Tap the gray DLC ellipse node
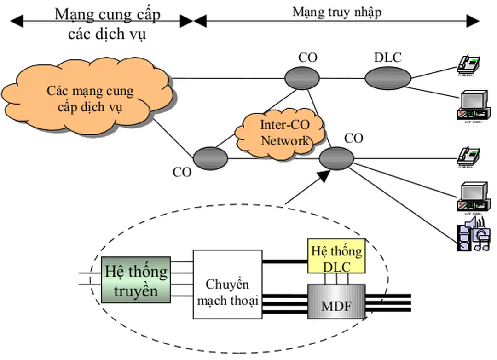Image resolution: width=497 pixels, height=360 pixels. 387,78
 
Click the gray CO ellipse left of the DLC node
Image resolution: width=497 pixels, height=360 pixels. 302,78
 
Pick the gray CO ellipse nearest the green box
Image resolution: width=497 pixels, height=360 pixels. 210,158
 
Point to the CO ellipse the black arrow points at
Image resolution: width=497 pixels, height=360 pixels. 336,158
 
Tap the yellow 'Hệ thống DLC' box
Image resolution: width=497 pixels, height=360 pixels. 336,259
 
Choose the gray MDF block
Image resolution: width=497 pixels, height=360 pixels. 336,304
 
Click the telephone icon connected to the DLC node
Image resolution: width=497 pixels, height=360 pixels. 469,65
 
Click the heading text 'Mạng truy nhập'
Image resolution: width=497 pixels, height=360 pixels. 337,12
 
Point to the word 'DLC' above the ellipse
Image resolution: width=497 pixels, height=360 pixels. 387,58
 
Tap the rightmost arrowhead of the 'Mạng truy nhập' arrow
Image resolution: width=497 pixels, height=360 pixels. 473,20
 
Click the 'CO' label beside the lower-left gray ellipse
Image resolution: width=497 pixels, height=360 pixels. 182,172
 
